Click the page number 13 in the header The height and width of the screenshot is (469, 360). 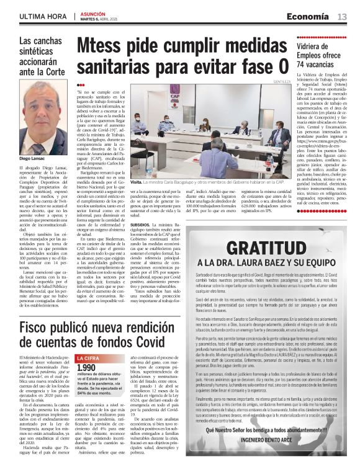click(342, 17)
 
